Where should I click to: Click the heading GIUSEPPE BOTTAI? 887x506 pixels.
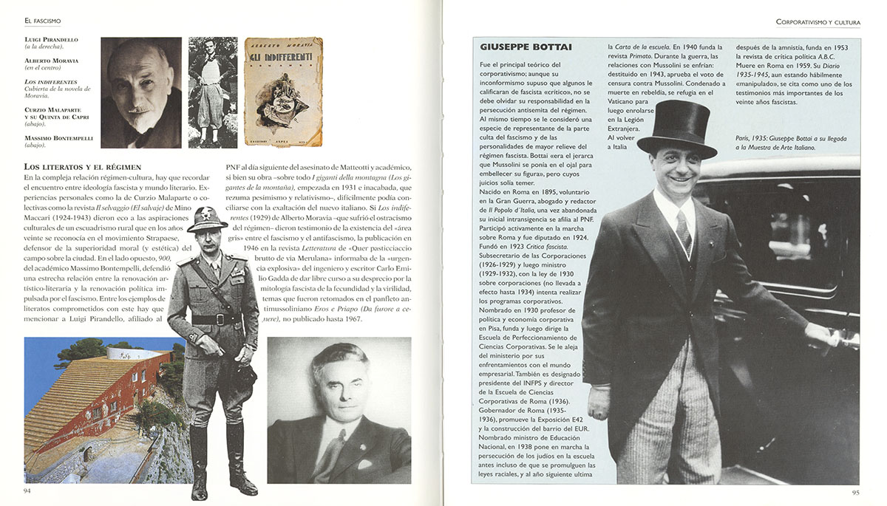pyautogui.click(x=525, y=47)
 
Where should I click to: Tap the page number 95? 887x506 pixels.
pyautogui.click(x=855, y=493)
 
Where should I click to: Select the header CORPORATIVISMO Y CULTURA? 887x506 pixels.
pyautogui.click(x=818, y=23)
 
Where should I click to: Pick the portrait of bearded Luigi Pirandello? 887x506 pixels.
pyautogui.click(x=141, y=92)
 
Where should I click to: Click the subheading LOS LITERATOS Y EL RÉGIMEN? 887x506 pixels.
pyautogui.click(x=83, y=167)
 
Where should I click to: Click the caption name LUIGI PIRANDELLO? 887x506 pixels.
pyautogui.click(x=51, y=39)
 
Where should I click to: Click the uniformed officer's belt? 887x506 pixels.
pyautogui.click(x=216, y=319)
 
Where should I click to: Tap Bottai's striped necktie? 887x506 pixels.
pyautogui.click(x=683, y=230)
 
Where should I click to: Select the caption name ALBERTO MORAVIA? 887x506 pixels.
pyautogui.click(x=51, y=60)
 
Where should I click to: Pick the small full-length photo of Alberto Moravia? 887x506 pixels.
pyautogui.click(x=212, y=92)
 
